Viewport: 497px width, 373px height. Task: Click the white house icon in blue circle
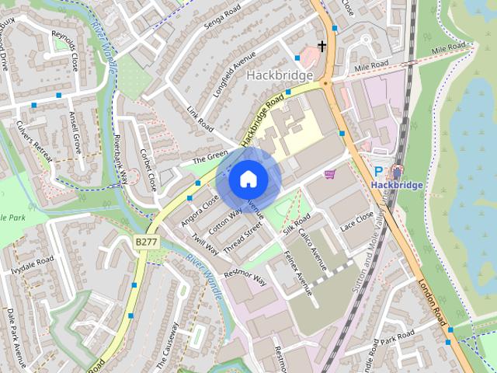coord(248,180)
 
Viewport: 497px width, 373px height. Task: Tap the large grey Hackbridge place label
coord(280,75)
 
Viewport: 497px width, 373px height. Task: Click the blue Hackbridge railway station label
coord(396,185)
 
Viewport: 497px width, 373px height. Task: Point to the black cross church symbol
coord(321,47)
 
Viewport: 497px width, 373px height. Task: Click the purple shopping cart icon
coord(330,174)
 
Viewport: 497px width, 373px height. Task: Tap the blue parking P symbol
coord(379,171)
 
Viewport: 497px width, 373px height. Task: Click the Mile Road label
coord(370,68)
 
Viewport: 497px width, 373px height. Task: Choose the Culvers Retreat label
coord(33,142)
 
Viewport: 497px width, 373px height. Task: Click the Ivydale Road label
coord(33,264)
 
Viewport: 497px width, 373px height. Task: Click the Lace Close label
coord(357,221)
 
